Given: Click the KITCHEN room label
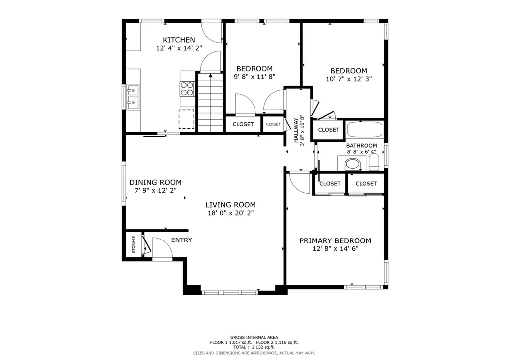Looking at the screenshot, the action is pos(179,40).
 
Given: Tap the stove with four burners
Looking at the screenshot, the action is pos(187,89).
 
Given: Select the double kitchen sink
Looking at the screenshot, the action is pos(133,97).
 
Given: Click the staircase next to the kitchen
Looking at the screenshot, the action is pos(211,103).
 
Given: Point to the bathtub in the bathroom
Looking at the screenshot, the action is pos(365,130).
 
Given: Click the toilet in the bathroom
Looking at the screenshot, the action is pos(374,162).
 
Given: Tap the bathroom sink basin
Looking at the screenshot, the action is pos(352,164).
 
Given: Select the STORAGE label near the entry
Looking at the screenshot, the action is pos(133,244).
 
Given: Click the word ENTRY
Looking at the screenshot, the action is pos(181,240).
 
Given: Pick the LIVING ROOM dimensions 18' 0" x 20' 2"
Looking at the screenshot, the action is pos(231,213).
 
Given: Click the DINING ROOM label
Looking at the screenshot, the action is pos(155,182).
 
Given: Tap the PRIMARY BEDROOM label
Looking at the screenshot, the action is pos(335,240).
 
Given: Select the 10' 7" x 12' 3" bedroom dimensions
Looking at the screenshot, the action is pos(349,79).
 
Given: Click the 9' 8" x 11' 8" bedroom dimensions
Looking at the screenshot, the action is pos(255,77).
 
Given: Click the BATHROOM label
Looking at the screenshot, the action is pos(362,146).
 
